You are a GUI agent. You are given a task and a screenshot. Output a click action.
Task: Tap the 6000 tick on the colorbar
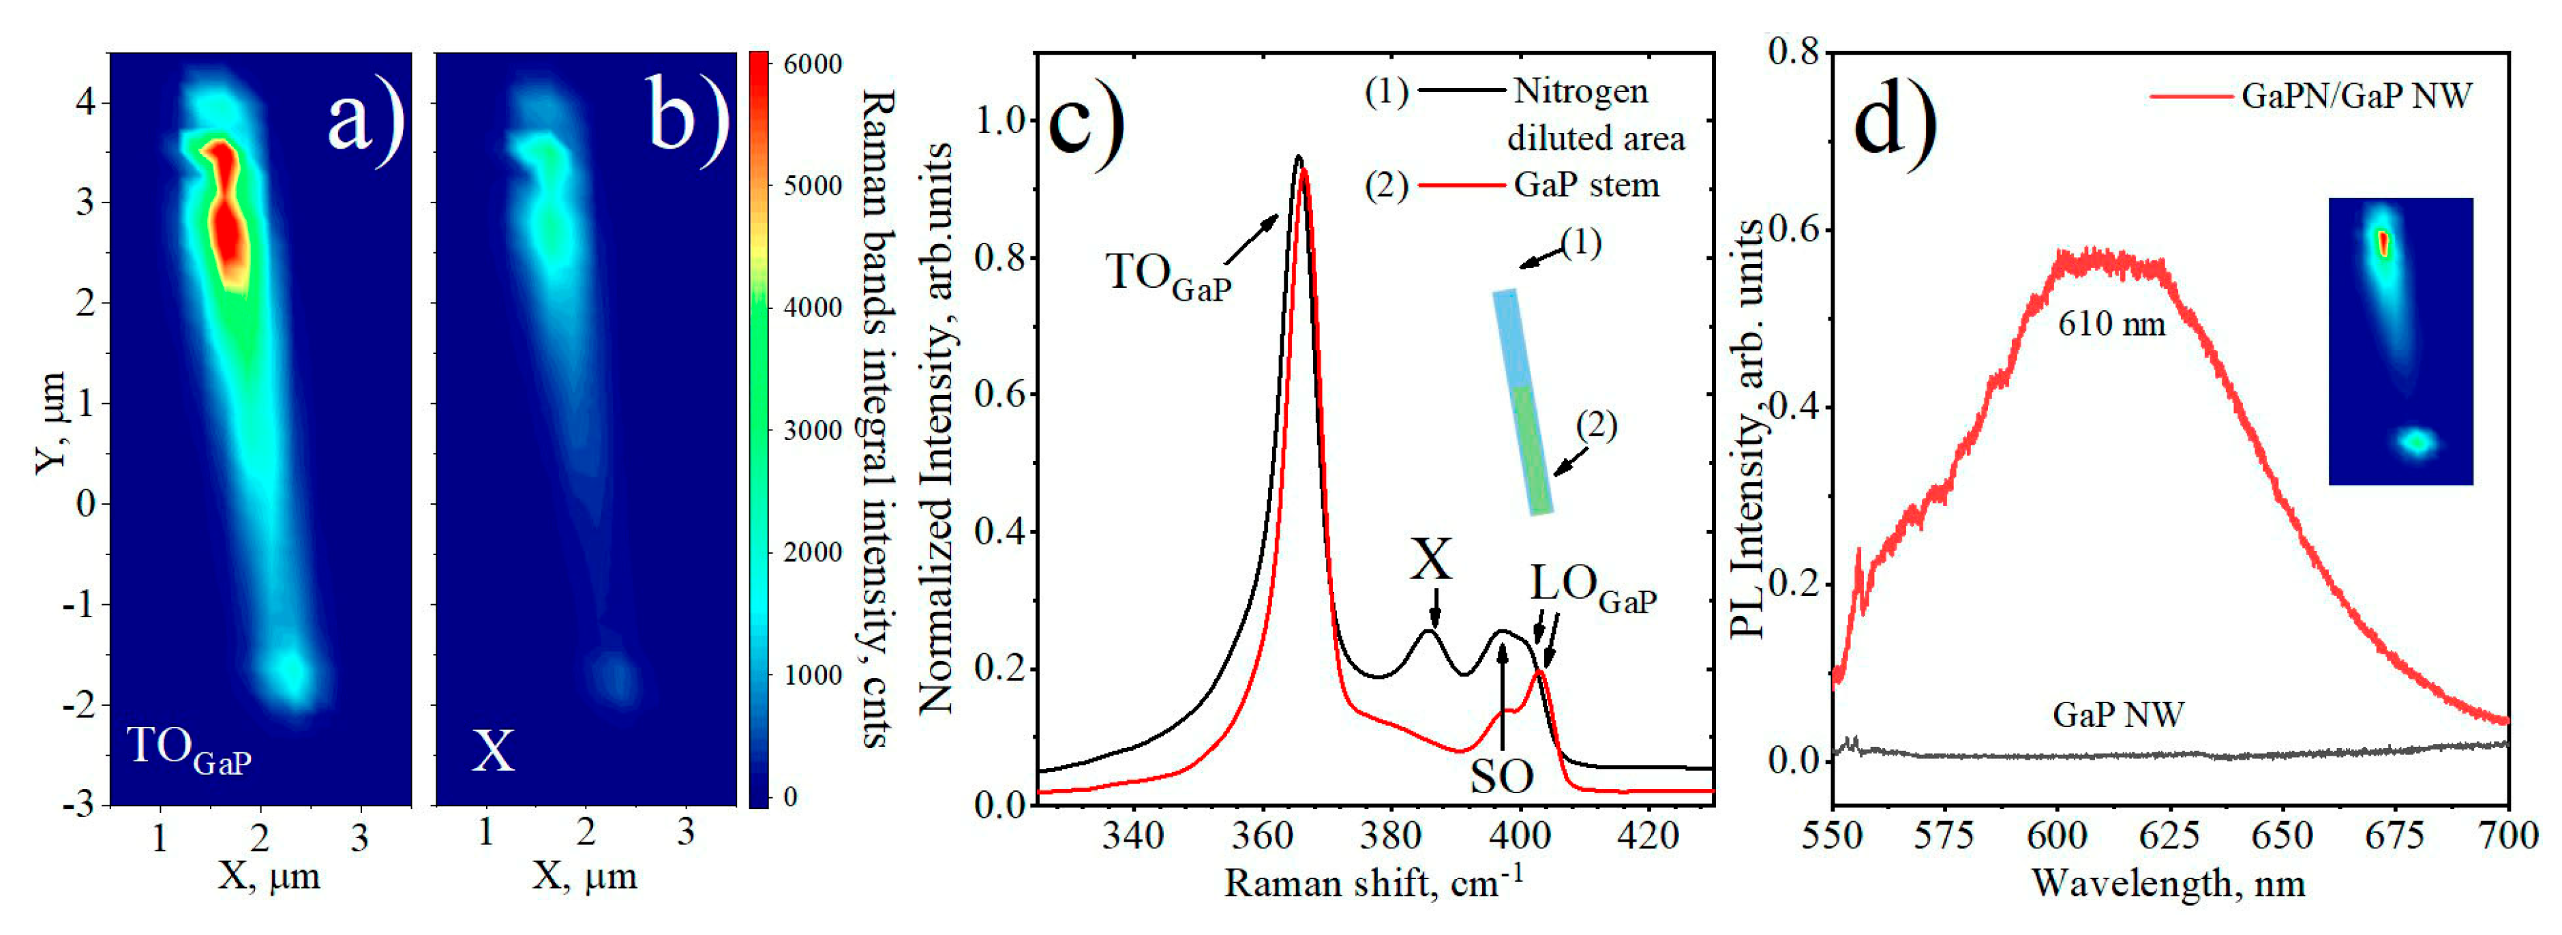(x=811, y=63)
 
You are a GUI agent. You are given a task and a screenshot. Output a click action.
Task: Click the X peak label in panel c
(x=1431, y=560)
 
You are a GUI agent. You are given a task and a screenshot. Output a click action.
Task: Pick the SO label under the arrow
(x=1502, y=777)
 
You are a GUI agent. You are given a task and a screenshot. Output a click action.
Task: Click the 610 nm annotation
(x=2111, y=324)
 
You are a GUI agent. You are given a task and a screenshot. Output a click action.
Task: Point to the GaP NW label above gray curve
(x=2118, y=714)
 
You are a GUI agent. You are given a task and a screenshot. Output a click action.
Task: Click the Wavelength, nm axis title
(x=2168, y=883)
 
